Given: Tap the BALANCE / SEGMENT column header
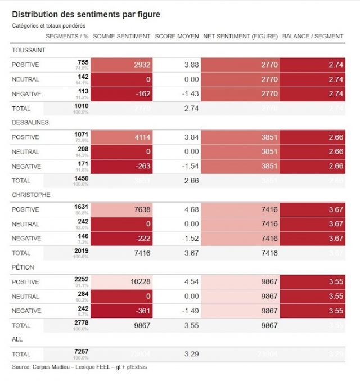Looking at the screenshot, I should point(312,36).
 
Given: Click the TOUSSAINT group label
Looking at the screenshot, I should point(29,50).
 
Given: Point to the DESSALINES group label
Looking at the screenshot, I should point(30,122).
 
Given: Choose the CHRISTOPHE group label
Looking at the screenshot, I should point(31,195).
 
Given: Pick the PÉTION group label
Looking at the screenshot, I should point(24,267).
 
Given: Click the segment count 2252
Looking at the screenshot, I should point(81,280).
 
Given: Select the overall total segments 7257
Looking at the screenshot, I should point(81,352).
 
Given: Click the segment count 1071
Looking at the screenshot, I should point(81,135).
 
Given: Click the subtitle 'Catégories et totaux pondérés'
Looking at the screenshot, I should point(49,26).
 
